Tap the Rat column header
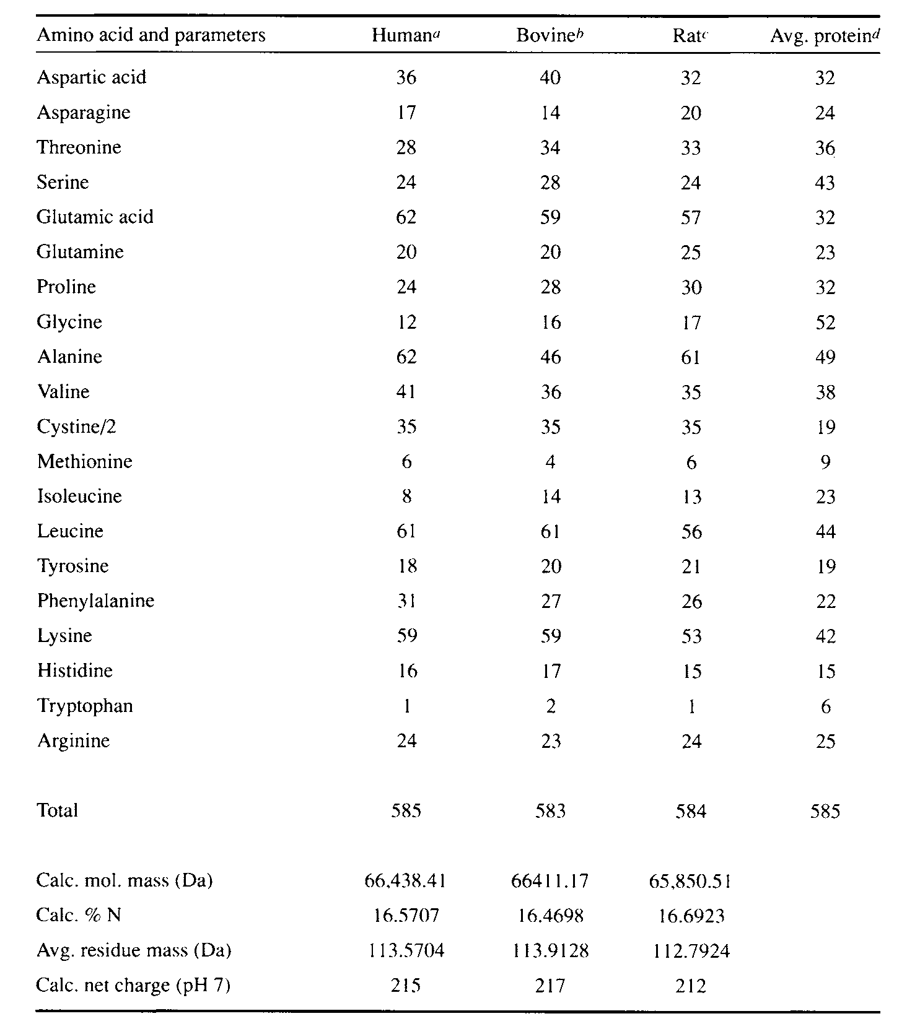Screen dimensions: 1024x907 point(690,35)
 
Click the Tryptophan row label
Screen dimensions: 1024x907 point(85,706)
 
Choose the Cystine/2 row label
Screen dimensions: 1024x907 point(76,427)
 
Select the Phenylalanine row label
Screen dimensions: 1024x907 point(95,601)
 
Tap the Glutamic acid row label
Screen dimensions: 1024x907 point(95,217)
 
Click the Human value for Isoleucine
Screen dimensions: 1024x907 point(406,497)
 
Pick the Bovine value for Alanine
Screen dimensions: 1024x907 point(550,357)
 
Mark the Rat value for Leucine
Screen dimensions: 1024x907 point(691,532)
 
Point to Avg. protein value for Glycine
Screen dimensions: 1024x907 point(825,323)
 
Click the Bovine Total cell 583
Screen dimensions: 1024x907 point(550,811)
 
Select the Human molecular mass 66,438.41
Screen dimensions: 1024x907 point(406,880)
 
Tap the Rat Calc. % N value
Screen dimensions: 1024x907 point(691,915)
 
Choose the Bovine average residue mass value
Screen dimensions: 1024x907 point(550,950)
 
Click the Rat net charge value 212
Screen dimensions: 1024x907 point(691,986)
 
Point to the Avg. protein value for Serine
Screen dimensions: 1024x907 point(825,183)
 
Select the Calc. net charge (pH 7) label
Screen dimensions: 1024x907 point(133,985)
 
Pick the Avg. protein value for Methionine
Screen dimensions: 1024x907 point(825,462)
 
